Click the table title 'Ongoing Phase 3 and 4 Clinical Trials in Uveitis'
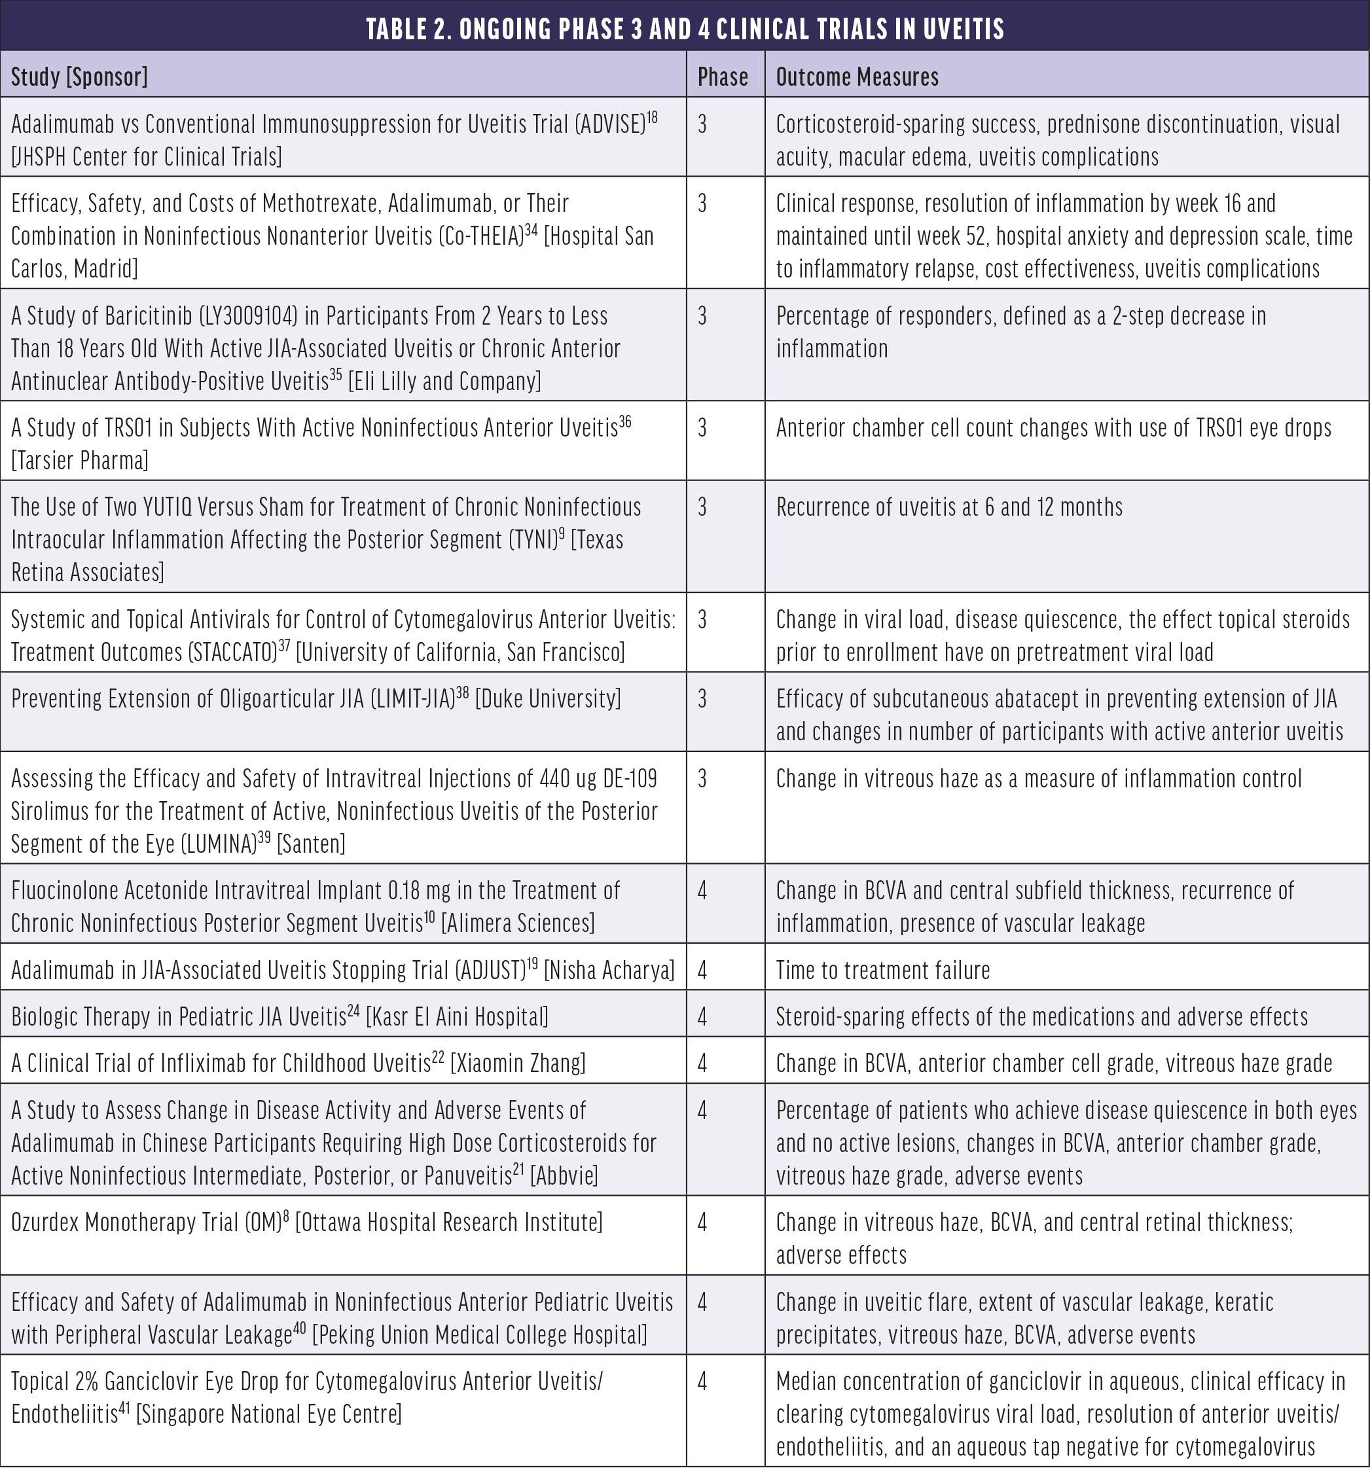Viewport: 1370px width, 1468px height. click(x=685, y=29)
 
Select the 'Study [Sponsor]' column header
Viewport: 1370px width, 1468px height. click(x=79, y=77)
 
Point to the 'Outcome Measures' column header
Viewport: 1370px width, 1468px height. click(x=857, y=77)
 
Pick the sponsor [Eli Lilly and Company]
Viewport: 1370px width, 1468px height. click(x=444, y=381)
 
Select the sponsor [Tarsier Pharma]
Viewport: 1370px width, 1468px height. click(x=80, y=461)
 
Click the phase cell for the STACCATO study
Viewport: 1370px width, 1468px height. click(x=702, y=620)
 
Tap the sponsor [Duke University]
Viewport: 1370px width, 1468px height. click(x=547, y=698)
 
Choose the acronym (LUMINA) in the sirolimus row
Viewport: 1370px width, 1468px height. click(x=219, y=843)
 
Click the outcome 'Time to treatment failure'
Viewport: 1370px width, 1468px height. click(x=882, y=969)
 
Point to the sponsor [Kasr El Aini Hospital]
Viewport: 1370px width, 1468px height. click(x=457, y=1017)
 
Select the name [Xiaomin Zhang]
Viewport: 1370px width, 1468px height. click(x=518, y=1064)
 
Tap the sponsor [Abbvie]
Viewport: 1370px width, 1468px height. click(x=564, y=1175)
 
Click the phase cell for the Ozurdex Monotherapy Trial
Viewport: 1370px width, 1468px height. click(x=702, y=1223)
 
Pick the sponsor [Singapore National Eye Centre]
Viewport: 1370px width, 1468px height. click(x=269, y=1414)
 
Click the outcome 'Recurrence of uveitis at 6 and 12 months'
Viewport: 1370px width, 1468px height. click(x=949, y=507)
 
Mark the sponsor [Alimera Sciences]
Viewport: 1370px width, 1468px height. click(x=517, y=923)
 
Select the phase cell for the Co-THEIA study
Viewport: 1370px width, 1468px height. click(x=702, y=204)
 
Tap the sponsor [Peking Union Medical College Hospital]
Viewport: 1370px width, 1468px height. click(x=479, y=1335)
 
